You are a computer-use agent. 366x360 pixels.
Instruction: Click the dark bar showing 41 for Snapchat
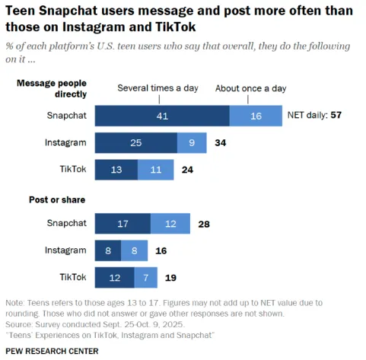(x=162, y=116)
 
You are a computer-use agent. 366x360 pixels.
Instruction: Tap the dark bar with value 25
(x=135, y=142)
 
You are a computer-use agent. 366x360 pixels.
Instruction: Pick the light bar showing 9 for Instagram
(x=192, y=142)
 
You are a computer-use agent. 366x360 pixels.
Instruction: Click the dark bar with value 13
(x=116, y=169)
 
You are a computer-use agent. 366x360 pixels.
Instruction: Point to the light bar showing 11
(x=155, y=169)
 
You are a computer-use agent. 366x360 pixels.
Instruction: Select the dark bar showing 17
(x=123, y=224)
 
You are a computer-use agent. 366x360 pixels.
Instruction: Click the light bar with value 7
(x=147, y=277)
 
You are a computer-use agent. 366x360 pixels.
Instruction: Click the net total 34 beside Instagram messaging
(x=221, y=142)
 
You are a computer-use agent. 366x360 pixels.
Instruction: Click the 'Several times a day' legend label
(x=158, y=88)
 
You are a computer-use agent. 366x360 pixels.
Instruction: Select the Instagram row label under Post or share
(x=67, y=250)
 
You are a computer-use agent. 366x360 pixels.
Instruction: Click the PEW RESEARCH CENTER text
(x=52, y=351)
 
